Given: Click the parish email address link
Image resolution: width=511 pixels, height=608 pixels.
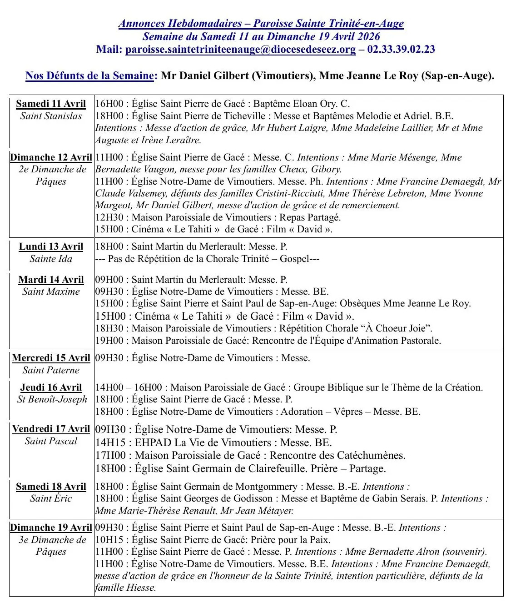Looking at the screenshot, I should [240, 50].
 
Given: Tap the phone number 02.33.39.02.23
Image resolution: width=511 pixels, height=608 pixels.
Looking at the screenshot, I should [401, 50].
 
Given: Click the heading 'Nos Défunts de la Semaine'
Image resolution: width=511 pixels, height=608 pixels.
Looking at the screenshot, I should [89, 75].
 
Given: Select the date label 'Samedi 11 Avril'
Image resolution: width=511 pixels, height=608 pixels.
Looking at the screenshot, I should [51, 104].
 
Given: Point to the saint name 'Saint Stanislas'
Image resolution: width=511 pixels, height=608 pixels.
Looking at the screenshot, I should [51, 116].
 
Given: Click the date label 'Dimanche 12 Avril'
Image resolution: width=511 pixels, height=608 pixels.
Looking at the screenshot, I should [51, 157].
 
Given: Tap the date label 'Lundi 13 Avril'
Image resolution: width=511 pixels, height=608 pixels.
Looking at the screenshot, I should [51, 246].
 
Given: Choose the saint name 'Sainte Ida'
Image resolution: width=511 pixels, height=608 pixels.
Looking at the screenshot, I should [51, 259].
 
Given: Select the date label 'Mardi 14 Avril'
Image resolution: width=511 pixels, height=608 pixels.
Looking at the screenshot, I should [51, 280].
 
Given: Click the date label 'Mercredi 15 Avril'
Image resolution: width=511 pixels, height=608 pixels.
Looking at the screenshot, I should [51, 358].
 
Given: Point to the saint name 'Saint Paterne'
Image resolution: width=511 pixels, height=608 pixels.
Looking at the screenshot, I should [51, 370].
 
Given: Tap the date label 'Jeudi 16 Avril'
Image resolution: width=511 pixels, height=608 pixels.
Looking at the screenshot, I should [51, 387].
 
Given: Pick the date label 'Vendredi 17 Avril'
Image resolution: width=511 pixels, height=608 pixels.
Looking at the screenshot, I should [51, 429].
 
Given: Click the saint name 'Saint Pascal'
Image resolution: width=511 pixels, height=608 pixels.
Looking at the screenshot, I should [51, 441].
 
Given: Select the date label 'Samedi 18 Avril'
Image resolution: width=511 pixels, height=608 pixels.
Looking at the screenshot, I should [51, 487].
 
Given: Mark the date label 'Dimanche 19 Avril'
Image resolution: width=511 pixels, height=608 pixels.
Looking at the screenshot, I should [51, 528].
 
